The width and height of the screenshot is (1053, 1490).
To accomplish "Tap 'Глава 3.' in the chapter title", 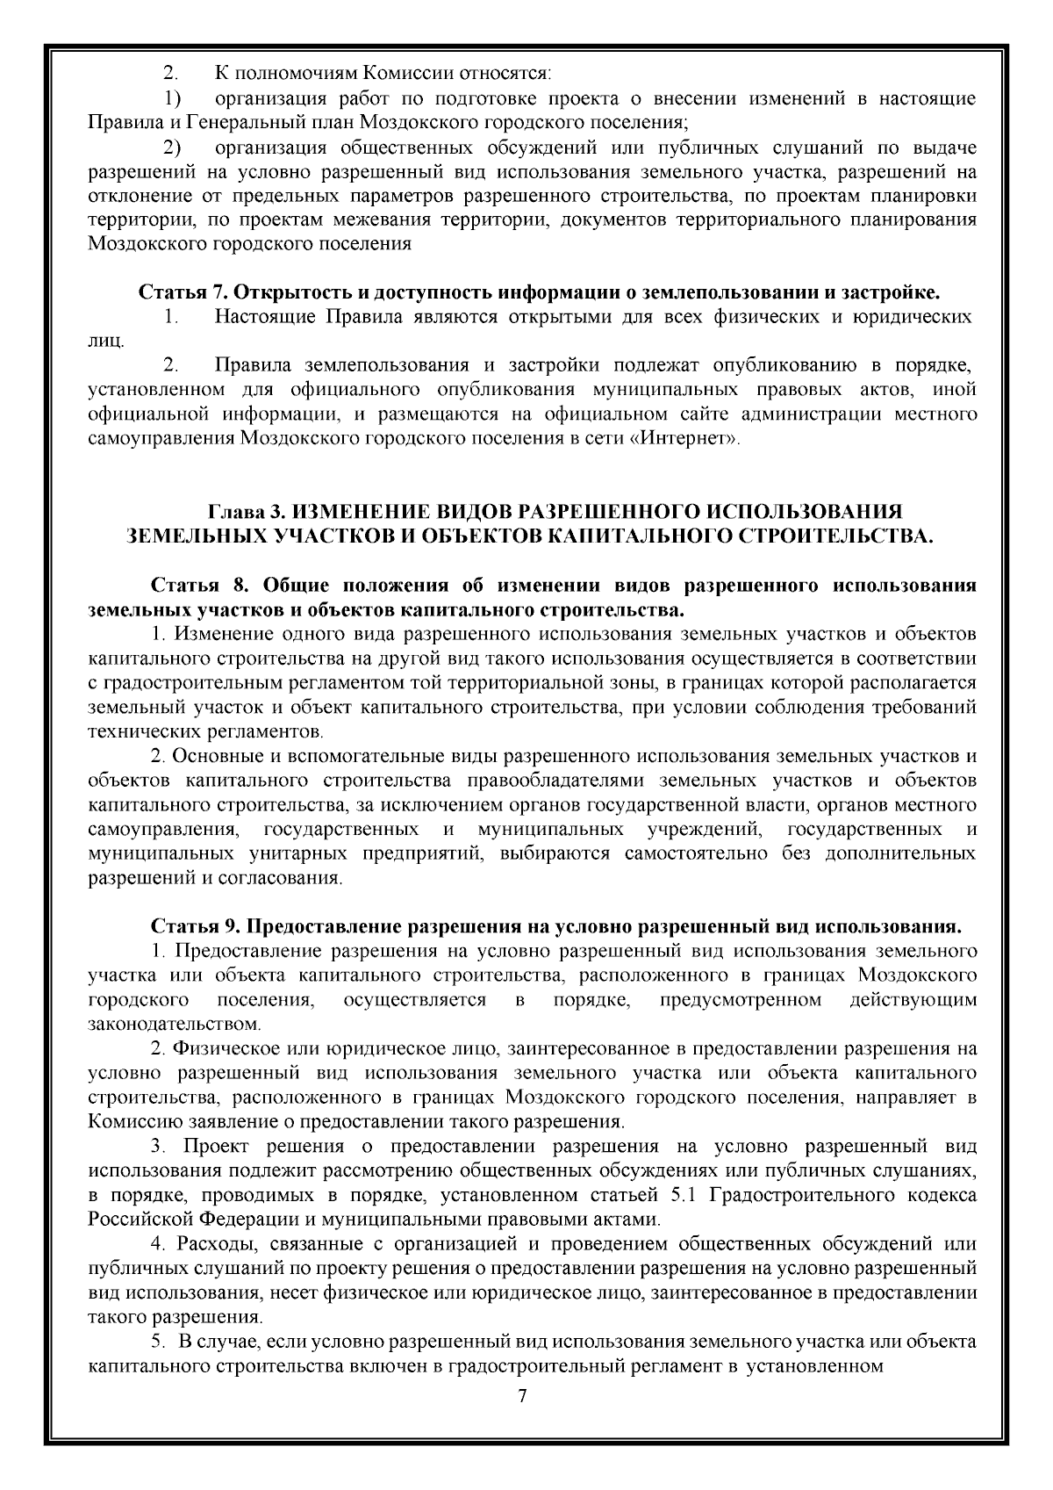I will click(x=247, y=511).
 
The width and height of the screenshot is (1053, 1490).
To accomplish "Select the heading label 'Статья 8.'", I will click(x=201, y=585).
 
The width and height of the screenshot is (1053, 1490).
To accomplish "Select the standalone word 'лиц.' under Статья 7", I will click(x=106, y=340).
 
